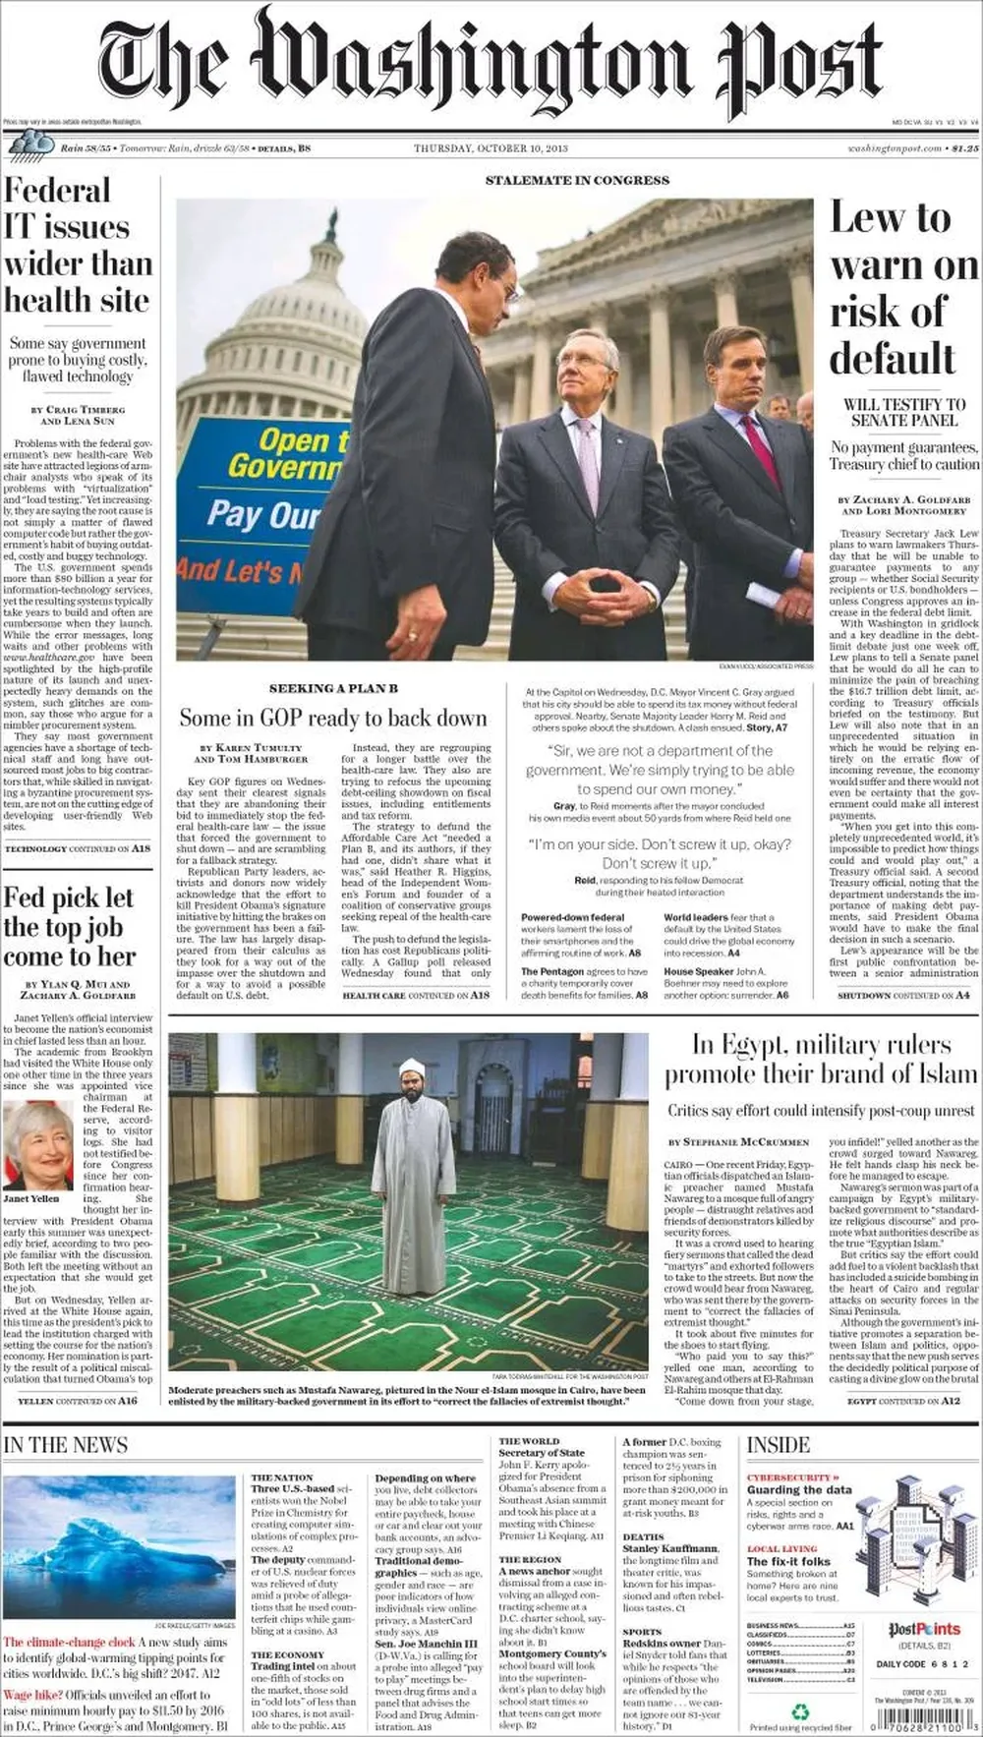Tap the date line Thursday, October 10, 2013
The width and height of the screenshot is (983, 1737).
491,148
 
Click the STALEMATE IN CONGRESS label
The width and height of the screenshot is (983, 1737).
577,181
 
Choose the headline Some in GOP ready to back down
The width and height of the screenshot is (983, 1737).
333,718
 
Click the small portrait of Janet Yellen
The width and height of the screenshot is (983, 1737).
37,1145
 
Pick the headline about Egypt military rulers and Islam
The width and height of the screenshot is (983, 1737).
821,1059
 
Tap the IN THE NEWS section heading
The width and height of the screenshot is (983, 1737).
66,1445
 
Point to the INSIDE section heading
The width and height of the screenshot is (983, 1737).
779,1445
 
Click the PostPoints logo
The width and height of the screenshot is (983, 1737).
924,1630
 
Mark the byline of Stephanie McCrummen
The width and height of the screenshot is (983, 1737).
738,1141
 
